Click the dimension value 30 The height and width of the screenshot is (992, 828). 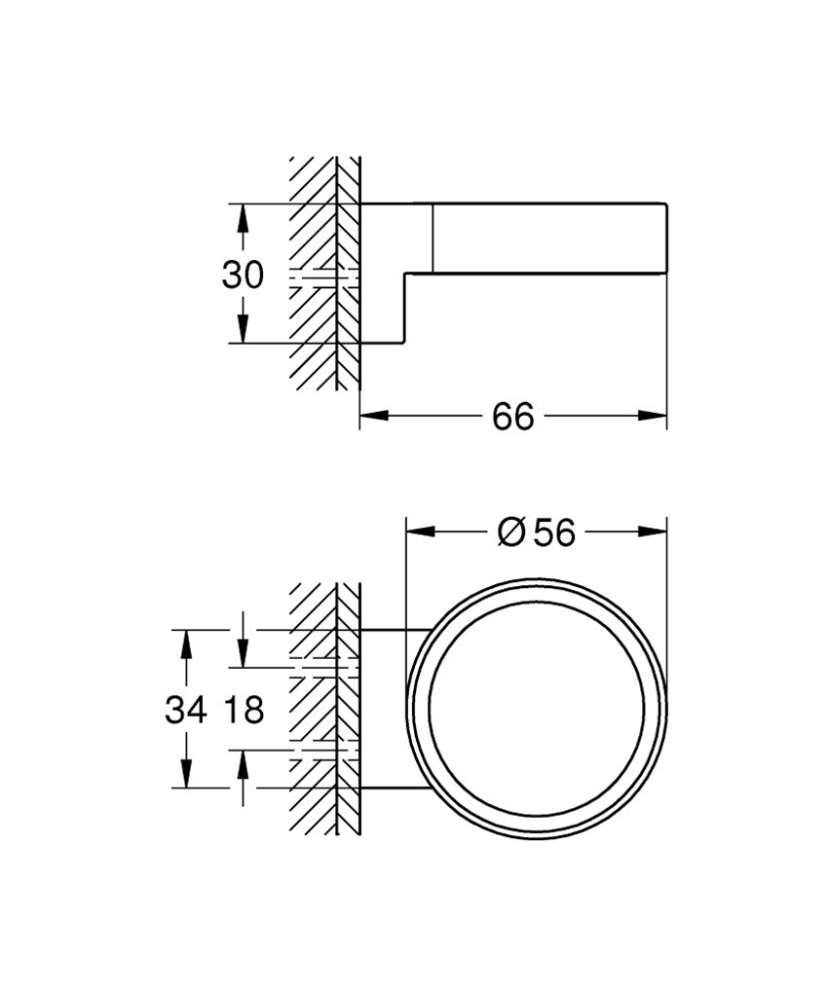pos(243,276)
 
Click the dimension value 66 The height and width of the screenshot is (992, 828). pos(513,417)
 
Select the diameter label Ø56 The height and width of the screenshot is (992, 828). pos(537,533)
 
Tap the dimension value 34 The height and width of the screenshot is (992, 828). pos(186,711)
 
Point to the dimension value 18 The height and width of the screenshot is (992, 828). pos(244,711)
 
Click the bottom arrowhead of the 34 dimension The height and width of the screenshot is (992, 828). pos(186,774)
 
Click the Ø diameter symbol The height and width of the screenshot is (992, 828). pos(511,533)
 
